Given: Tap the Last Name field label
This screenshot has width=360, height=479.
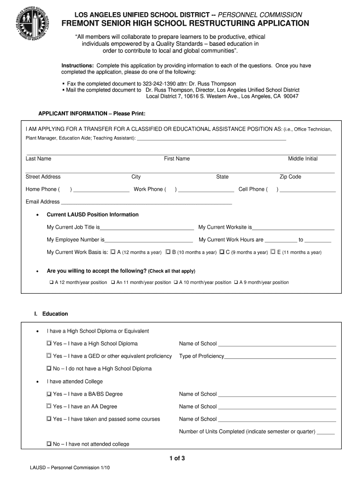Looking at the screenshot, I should (x=38, y=159).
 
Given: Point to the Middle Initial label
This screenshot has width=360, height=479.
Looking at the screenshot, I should (x=302, y=159).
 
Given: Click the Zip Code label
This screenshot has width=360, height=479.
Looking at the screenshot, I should (x=290, y=177).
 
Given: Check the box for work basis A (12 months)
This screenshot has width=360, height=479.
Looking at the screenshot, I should (x=113, y=252).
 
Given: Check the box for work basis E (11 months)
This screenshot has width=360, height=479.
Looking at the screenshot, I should (x=273, y=252).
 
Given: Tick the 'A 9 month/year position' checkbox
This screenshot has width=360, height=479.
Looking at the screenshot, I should (x=236, y=282).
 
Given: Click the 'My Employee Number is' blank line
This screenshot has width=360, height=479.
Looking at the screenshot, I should (x=149, y=240).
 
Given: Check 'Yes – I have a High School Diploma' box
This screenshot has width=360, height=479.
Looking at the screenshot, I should (x=49, y=343).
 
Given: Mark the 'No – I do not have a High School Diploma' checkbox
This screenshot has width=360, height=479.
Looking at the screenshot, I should (x=49, y=369).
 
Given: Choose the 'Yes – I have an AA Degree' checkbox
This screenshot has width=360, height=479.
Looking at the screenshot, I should (x=49, y=406).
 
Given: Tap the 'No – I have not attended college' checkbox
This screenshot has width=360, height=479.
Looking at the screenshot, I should (x=49, y=444).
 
